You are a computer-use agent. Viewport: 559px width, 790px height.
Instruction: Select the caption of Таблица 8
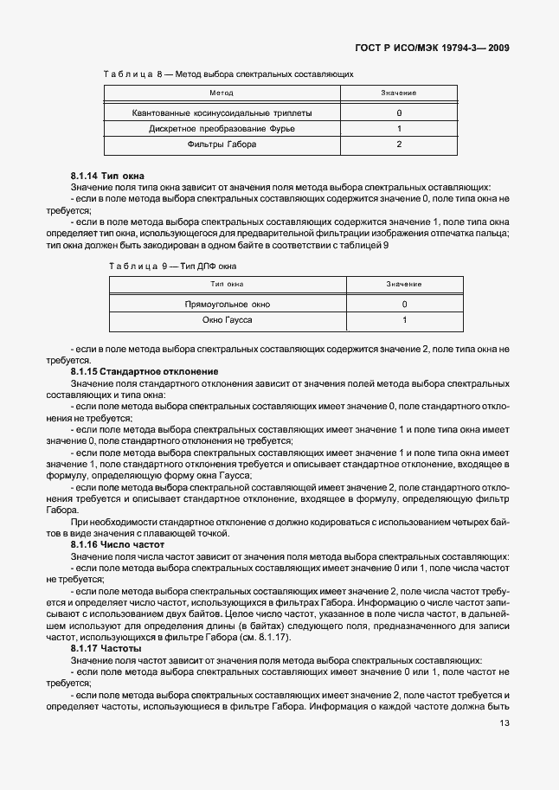(228, 74)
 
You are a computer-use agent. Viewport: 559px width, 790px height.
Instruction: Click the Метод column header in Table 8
(222, 93)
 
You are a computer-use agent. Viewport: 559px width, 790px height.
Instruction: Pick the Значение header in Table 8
(399, 93)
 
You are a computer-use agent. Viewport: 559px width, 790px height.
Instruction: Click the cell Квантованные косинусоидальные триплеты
(222, 113)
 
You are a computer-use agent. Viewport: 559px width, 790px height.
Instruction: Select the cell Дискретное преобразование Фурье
(222, 129)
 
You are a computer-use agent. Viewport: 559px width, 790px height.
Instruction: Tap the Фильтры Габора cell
(222, 145)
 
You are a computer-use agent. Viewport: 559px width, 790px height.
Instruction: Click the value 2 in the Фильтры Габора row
(399, 145)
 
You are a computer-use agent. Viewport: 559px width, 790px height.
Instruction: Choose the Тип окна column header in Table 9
(228, 284)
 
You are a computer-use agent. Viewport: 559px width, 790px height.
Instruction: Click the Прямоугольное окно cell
(228, 305)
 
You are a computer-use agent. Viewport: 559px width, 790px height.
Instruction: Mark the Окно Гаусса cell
(228, 320)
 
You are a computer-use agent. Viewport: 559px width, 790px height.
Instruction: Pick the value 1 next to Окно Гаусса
(404, 320)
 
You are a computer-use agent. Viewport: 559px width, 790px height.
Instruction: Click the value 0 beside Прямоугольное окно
(404, 305)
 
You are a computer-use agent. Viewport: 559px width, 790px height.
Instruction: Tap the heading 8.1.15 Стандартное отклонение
(145, 370)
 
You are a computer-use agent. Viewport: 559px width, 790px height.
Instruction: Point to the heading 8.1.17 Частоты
(106, 648)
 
